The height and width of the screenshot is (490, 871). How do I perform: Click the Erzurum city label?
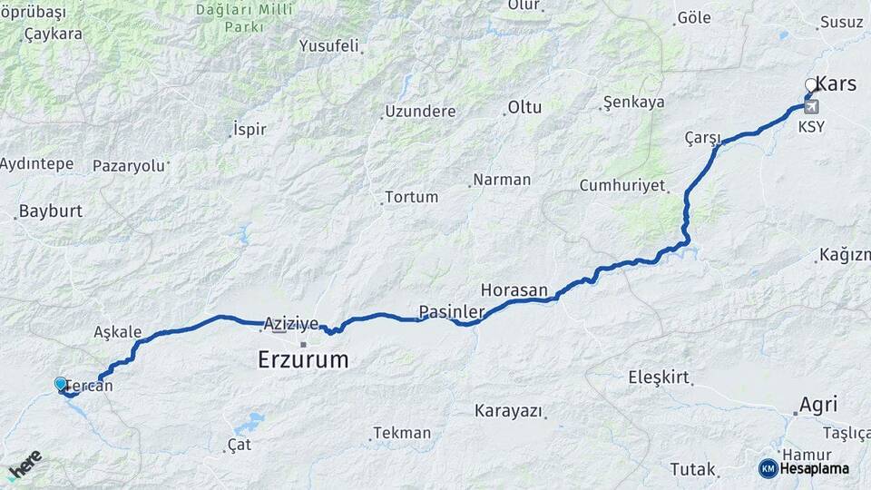(303, 359)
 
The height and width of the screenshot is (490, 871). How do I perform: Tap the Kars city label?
(836, 84)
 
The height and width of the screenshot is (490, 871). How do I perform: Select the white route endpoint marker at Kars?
(811, 86)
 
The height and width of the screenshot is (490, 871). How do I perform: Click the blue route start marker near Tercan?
(61, 384)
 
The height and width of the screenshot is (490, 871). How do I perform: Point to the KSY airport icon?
(810, 107)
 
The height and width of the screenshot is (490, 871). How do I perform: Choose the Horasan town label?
(514, 290)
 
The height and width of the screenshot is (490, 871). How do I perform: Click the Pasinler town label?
(451, 312)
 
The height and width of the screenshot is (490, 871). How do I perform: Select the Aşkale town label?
(117, 333)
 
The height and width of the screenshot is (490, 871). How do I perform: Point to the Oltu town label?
(524, 107)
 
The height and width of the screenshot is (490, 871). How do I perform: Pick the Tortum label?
(411, 197)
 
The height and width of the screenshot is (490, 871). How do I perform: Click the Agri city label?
(818, 405)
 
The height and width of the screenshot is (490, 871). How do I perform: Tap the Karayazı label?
(508, 411)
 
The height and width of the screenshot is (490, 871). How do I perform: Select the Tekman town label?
(402, 433)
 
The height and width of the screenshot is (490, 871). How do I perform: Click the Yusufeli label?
(328, 45)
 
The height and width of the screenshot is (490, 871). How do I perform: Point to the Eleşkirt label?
(660, 377)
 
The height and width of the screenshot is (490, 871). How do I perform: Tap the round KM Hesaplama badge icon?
(768, 468)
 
